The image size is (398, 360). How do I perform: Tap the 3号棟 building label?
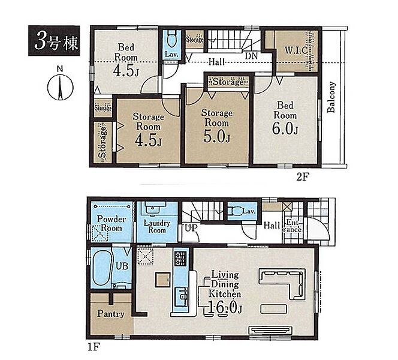pyautogui.click(x=54, y=41)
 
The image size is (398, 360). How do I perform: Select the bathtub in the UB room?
pyautogui.click(x=101, y=268)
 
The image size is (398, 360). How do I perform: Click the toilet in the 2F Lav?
pyautogui.click(x=172, y=40)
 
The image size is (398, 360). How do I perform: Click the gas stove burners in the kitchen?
pyautogui.click(x=180, y=259)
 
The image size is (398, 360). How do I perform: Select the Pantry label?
pyautogui.click(x=111, y=314)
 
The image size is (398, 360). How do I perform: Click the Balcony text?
pyautogui.click(x=331, y=97)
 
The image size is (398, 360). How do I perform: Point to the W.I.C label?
pyautogui.click(x=296, y=50)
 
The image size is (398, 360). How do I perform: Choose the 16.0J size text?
pyautogui.click(x=225, y=308)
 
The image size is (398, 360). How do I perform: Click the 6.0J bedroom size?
pyautogui.click(x=285, y=128)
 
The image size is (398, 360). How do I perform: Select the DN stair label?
pyautogui.click(x=251, y=56)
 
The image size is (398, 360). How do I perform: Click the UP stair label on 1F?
pyautogui.click(x=191, y=228)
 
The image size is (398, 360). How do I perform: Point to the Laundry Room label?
pyautogui.click(x=157, y=227)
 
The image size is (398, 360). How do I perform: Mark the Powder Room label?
pyautogui.click(x=111, y=223)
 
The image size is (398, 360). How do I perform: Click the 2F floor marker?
pyautogui.click(x=302, y=176)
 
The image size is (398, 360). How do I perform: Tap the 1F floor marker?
pyautogui.click(x=94, y=347)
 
